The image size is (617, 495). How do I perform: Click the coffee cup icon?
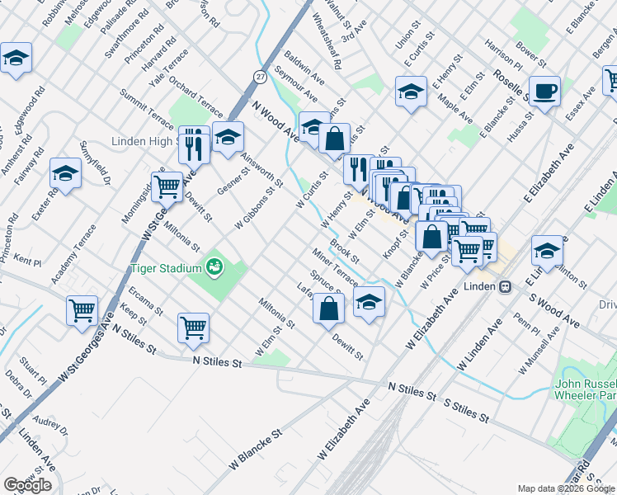click(544, 91)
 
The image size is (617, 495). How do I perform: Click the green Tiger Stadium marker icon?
click(214, 266)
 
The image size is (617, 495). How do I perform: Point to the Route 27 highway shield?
click(261, 76)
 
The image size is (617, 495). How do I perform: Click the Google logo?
click(27, 485)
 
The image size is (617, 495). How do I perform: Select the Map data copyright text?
click(566, 488)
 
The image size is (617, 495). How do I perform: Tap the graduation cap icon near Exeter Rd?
click(65, 173)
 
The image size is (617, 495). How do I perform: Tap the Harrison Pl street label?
click(503, 54)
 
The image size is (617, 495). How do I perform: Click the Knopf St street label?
click(397, 245)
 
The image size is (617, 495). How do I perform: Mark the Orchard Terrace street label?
click(196, 97)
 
